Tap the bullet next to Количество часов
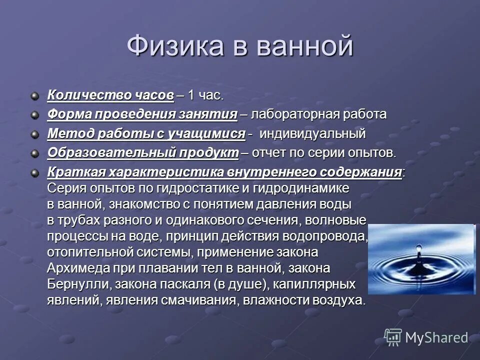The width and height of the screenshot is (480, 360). click(34, 95)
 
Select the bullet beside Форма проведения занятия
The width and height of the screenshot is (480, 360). click(34, 115)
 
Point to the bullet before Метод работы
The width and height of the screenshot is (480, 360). click(34, 134)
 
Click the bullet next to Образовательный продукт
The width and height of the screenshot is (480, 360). click(34, 153)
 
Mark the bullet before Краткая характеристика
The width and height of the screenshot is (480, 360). click(34, 172)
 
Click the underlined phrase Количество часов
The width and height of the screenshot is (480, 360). click(110, 95)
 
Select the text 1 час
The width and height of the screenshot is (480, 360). click(205, 95)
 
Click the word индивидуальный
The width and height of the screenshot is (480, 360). click(313, 133)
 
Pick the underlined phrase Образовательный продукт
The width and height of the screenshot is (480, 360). click(143, 152)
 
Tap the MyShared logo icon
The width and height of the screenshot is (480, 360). click(393, 337)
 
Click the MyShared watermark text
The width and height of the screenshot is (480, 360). click(436, 337)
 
